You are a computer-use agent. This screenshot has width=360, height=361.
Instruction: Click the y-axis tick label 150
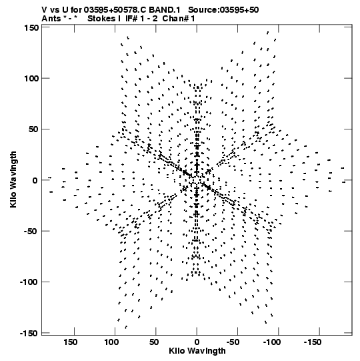[x=31, y=28]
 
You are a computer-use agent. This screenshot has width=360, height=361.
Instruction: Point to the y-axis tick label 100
[x=31, y=79]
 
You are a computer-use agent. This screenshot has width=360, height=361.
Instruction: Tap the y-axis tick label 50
[x=33, y=129]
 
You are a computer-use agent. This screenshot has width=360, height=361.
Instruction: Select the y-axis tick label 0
[x=35, y=180]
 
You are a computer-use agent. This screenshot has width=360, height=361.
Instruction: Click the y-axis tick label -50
[x=31, y=231]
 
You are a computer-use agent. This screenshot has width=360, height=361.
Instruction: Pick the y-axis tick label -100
[x=29, y=282]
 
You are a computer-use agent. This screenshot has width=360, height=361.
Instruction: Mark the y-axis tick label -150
[x=29, y=333]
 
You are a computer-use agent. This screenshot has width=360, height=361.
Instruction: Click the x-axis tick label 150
[x=71, y=342]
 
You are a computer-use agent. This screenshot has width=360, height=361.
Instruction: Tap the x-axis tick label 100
[x=111, y=342]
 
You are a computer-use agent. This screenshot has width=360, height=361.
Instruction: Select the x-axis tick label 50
[x=154, y=342]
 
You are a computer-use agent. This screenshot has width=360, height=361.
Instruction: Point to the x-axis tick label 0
[x=197, y=342]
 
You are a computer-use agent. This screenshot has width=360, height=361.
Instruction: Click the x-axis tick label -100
[x=272, y=342]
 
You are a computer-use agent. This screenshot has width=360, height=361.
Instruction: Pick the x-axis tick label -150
[x=313, y=342]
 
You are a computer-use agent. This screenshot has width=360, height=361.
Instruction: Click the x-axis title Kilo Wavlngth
[x=197, y=351]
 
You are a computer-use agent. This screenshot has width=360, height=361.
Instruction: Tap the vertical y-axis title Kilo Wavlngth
[x=13, y=179]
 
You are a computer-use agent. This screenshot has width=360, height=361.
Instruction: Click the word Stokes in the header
[x=101, y=19]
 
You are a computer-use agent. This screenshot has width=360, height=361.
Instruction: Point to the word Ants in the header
[x=51, y=19]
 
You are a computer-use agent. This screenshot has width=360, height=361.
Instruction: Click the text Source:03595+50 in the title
[x=223, y=10]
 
